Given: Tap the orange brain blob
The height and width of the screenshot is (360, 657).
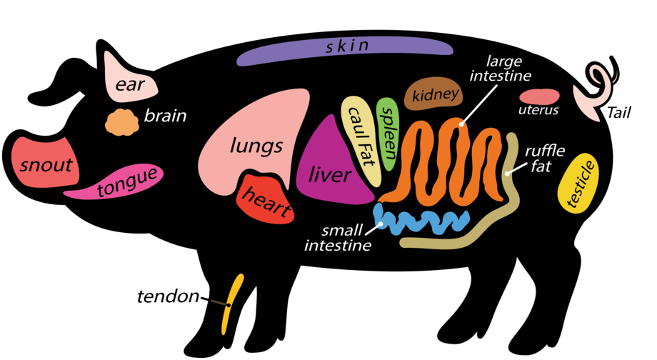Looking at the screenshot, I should tap(122, 123).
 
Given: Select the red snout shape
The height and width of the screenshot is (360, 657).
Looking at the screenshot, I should tap(42, 162).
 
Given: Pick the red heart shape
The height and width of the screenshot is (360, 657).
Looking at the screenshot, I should tap(266, 199).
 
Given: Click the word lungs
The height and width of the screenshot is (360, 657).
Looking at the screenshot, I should tap(256, 147).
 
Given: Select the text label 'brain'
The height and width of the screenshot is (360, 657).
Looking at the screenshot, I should tap(165, 115).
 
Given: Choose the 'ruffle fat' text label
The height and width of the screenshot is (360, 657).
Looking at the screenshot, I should tap(545, 159).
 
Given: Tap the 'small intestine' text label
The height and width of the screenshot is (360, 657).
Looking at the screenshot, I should tap(340, 238).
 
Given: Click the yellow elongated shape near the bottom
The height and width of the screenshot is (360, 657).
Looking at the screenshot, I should tap(231, 304).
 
